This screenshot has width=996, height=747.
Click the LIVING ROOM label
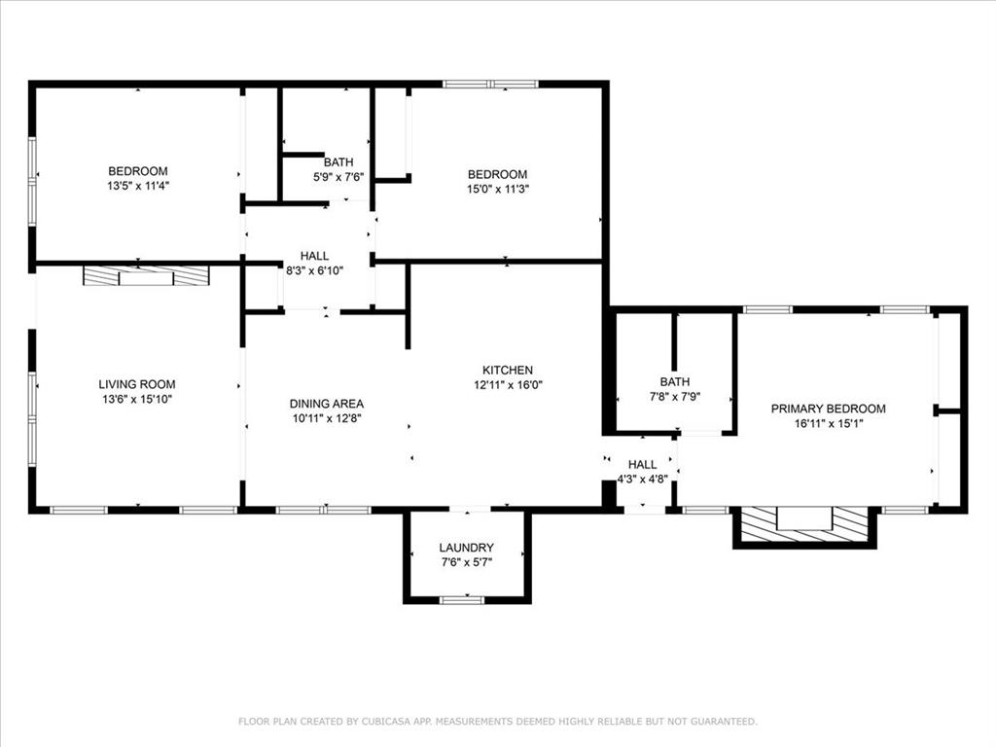[137, 384]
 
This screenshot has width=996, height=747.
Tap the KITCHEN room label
[508, 370]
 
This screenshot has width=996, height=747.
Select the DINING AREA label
[327, 404]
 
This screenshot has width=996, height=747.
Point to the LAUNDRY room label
[467, 548]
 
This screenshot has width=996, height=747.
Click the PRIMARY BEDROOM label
[829, 409]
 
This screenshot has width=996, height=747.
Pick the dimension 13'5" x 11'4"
[137, 185]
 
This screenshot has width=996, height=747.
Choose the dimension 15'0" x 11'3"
[498, 190]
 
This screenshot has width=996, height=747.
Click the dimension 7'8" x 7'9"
[674, 397]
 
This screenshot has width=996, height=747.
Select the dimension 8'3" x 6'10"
[314, 269]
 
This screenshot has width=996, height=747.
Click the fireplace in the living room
[146, 277]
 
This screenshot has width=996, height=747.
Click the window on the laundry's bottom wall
[462, 600]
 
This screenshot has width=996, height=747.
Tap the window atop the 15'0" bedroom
[490, 85]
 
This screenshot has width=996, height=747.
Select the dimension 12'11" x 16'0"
[508, 384]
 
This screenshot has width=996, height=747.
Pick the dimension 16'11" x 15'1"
[829, 423]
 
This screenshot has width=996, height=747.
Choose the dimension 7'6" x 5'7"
[467, 562]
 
